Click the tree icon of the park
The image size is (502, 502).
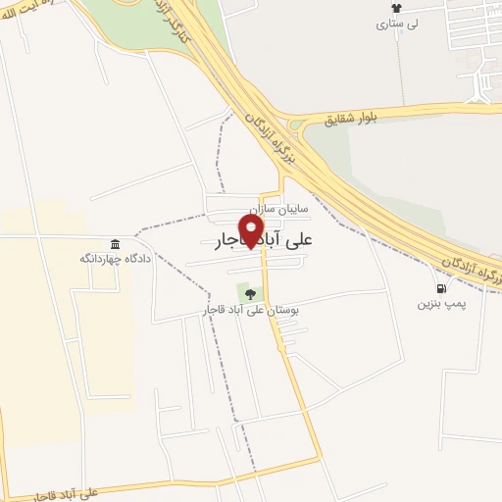tap(250, 292)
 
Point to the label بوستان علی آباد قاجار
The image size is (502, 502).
tap(250, 310)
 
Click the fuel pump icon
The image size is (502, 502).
tap(441, 288)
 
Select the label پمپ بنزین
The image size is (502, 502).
tap(439, 304)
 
